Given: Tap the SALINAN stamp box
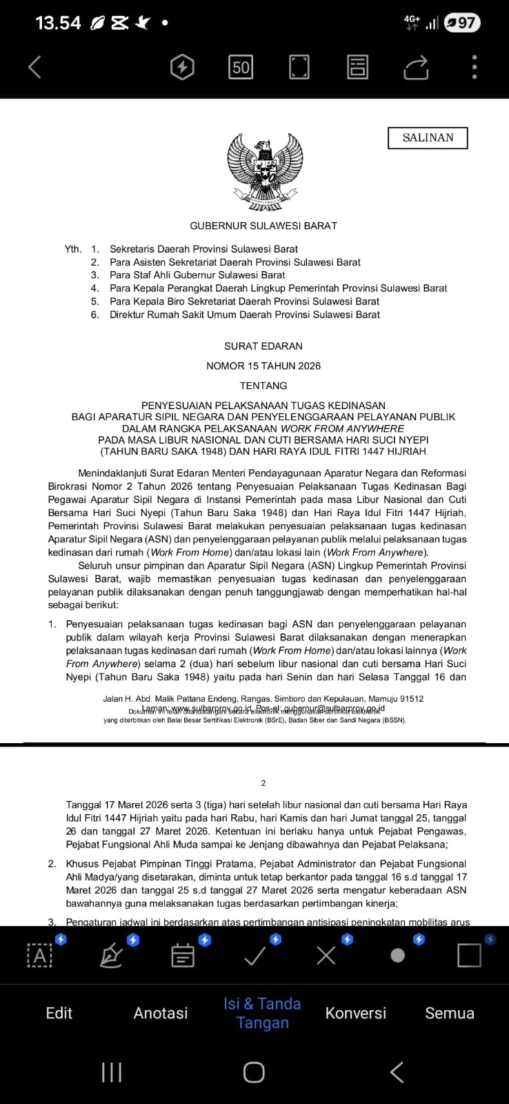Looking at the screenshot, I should coord(428,138).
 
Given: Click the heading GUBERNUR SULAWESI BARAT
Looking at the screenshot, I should coord(263,226).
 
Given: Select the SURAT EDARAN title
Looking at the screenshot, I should coord(263,346).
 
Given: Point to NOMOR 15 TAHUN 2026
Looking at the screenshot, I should coord(263,366).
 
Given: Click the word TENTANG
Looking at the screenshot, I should coord(263,386).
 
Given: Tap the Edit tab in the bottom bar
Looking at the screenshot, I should coord(59,1013).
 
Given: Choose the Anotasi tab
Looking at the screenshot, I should coord(161,1013).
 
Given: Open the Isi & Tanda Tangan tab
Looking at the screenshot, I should coord(262,1013).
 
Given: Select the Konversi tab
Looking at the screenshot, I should coord(356,1013).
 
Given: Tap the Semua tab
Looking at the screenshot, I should coord(450,1013).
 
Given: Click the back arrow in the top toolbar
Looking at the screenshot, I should coord(35,67).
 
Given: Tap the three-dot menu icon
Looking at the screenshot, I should coord(475,67).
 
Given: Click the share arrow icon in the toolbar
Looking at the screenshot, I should coord(416,67).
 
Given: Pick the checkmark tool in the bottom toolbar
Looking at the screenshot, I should coord(255,956).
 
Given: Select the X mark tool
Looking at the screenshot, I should coord(326,956).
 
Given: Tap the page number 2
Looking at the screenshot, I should coord(263,783).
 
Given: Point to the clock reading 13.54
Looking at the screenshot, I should coord(58,23).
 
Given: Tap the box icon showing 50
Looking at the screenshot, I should coord(241,67).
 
